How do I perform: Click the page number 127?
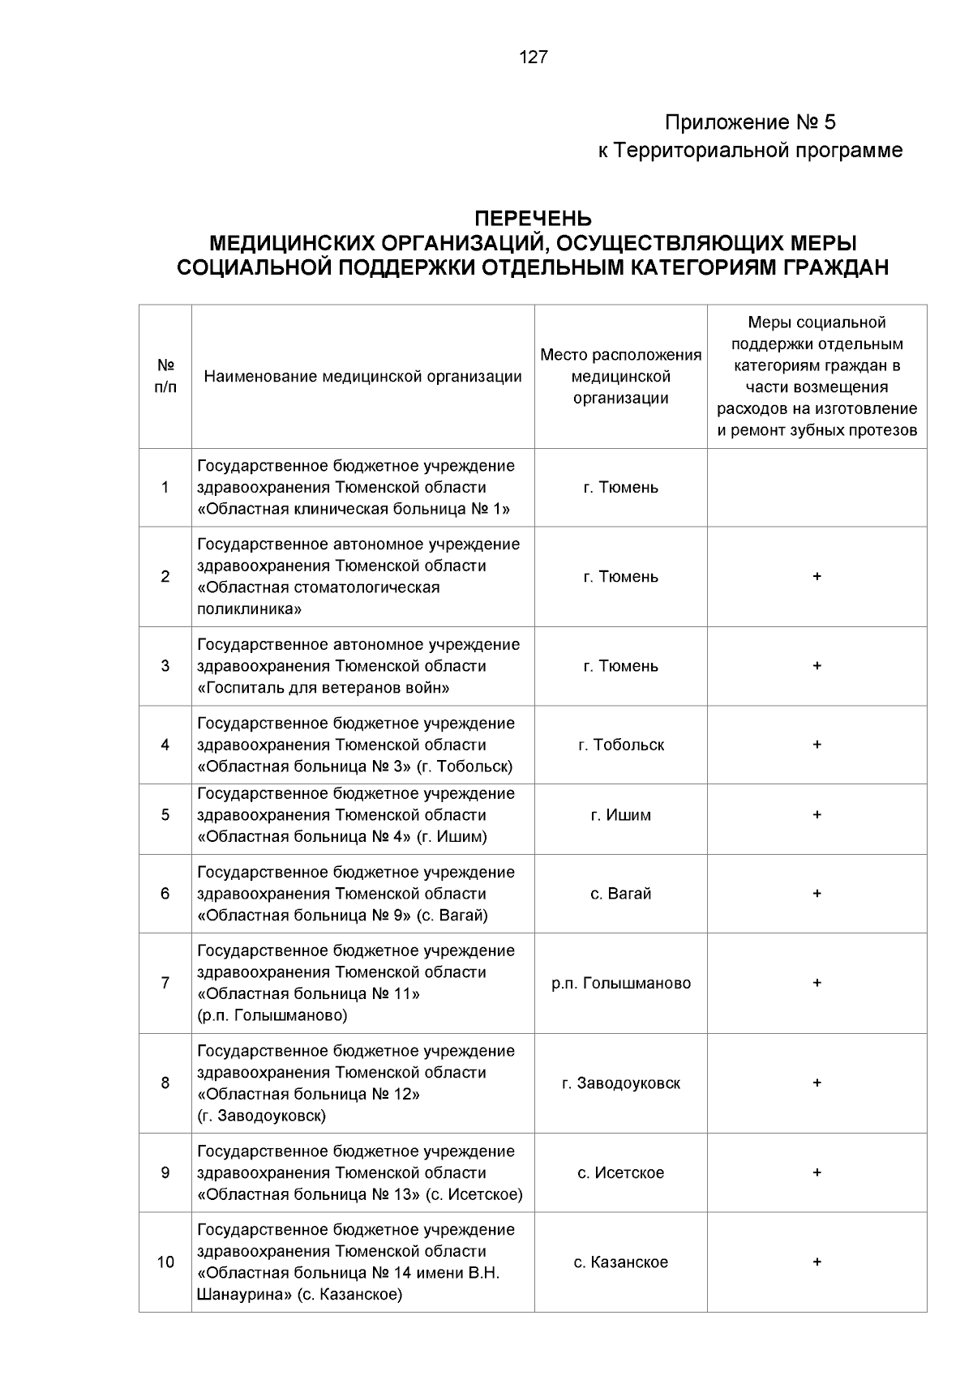(x=533, y=58)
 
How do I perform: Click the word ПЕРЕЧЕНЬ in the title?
(x=533, y=220)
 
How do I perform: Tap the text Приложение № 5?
(x=750, y=123)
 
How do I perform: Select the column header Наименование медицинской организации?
(x=362, y=377)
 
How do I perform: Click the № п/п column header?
(x=165, y=377)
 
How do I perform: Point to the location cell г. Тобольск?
(x=621, y=745)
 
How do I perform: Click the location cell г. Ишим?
(x=621, y=815)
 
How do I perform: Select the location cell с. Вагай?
(x=621, y=894)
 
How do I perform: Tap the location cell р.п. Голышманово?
(x=621, y=983)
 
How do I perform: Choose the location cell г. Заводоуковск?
(x=621, y=1083)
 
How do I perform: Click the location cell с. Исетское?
(x=621, y=1172)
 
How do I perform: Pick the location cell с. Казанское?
(x=621, y=1262)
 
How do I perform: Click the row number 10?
(x=165, y=1262)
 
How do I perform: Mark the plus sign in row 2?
(x=817, y=577)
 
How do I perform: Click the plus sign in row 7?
(x=817, y=983)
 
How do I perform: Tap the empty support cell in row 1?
(x=817, y=488)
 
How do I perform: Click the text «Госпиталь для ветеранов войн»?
(x=324, y=688)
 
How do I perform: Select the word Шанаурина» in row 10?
(x=244, y=1295)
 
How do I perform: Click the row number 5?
(x=165, y=815)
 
